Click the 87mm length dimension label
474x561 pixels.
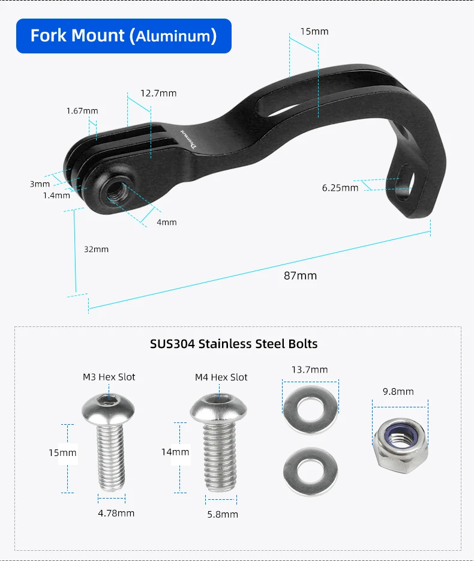coord(300,276)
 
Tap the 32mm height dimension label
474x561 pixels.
coord(96,250)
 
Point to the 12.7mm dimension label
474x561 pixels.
coord(158,94)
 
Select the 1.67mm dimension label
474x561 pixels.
coord(82,111)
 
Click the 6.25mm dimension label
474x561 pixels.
coord(340,188)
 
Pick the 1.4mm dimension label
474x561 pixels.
coord(56,196)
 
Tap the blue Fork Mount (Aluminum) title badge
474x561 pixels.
coord(124,36)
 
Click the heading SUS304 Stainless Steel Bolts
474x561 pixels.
coord(233,344)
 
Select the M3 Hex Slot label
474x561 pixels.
coord(109,377)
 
